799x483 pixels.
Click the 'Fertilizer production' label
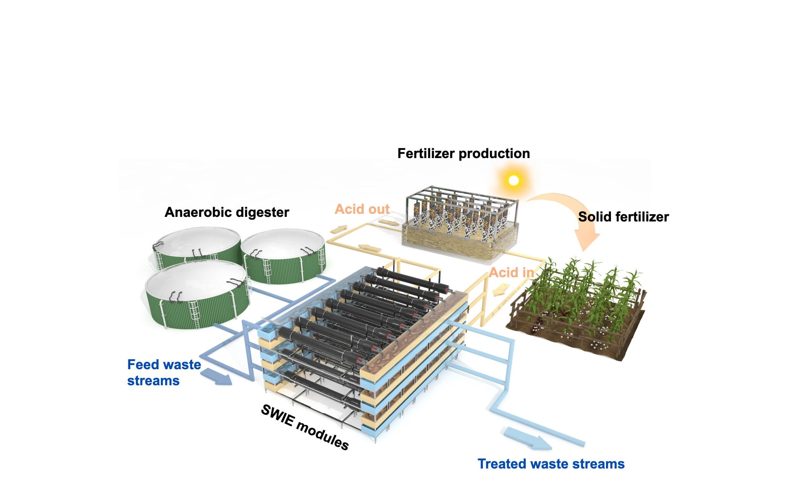click(464, 153)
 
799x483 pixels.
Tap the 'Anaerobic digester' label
click(227, 212)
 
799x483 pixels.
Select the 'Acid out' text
click(362, 209)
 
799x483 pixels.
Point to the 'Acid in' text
click(511, 273)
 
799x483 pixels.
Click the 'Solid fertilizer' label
click(623, 217)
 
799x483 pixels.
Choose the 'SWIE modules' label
click(305, 427)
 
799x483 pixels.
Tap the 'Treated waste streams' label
click(551, 464)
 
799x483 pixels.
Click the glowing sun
click(514, 180)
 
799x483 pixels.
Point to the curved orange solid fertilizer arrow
click(573, 214)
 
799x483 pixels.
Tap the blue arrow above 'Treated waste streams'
click(527, 439)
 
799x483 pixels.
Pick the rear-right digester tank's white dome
click(283, 243)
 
